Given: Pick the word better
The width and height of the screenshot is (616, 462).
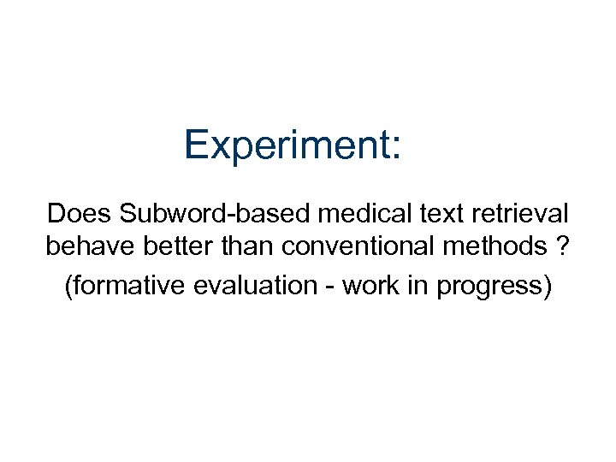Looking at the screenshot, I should coord(175,247).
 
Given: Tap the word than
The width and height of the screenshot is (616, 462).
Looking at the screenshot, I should coord(248,247).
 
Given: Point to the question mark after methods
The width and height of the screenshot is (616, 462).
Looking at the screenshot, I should coord(563,247).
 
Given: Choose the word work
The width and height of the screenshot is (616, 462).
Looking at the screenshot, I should coord(370,285).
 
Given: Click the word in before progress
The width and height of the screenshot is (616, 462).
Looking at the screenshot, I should coord(418,285).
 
